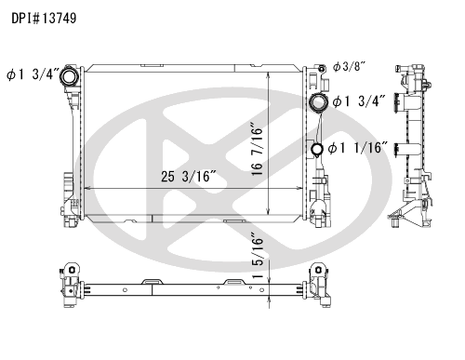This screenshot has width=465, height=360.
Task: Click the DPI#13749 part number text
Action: (x=44, y=19)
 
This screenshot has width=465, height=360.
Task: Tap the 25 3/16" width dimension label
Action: (x=188, y=176)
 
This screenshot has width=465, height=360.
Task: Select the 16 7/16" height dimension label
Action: (x=257, y=151)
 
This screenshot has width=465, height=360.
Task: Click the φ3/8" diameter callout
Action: (x=349, y=66)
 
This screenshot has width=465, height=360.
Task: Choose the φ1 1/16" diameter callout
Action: (x=358, y=148)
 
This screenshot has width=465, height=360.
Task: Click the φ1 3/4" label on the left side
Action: (x=33, y=74)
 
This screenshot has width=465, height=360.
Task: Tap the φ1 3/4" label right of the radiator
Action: (x=359, y=101)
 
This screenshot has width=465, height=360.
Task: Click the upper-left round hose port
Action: (x=68, y=77)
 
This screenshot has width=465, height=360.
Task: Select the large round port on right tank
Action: (x=318, y=102)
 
